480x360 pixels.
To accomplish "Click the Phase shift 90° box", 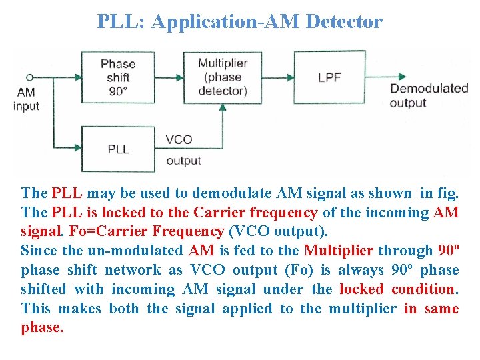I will point(118,77).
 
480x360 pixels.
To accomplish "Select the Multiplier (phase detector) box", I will point(222,77).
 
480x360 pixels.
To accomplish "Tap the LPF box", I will point(329,77).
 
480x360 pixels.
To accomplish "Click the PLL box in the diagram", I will point(118,149).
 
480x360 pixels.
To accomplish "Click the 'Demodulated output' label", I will point(429,95).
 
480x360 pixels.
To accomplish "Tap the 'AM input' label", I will point(26,99).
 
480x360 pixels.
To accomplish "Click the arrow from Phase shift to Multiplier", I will point(174,77).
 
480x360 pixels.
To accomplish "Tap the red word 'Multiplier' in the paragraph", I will point(338,251).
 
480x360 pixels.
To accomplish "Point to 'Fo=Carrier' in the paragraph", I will point(101,232).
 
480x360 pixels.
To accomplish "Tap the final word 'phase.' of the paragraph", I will point(42,328).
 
